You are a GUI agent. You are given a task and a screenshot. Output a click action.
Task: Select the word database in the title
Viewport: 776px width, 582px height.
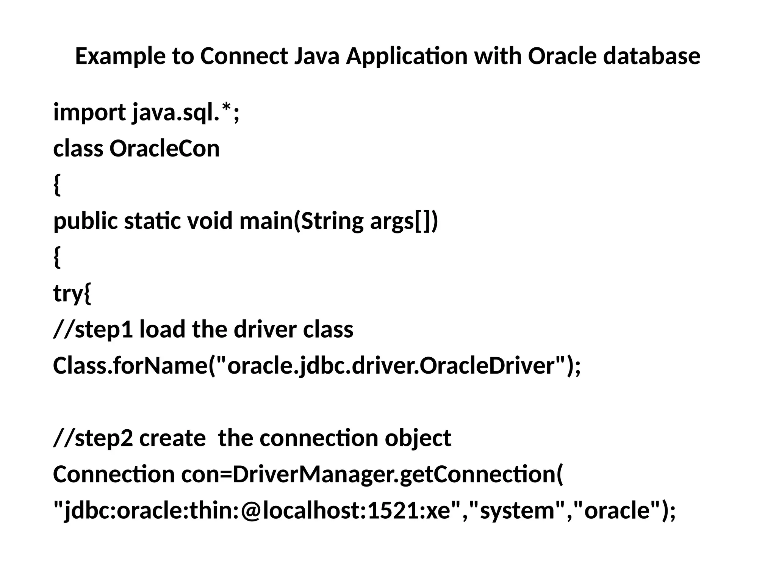pyautogui.click(x=651, y=56)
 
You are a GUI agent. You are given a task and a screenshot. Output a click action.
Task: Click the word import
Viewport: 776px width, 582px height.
pyautogui.click(x=89, y=113)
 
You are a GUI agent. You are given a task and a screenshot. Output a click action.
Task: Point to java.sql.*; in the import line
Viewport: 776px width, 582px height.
pyautogui.click(x=186, y=113)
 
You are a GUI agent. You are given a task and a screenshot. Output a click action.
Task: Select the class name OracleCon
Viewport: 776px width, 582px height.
pyautogui.click(x=164, y=149)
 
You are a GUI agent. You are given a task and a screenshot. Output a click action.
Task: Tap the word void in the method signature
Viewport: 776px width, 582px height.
pyautogui.click(x=210, y=221)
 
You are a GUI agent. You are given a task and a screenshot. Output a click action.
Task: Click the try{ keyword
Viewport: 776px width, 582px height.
pyautogui.click(x=72, y=293)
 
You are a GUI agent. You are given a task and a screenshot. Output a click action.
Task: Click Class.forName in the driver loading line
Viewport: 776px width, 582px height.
pyautogui.click(x=129, y=366)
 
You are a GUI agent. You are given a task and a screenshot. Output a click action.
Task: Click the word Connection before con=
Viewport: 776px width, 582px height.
pyautogui.click(x=114, y=474)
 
